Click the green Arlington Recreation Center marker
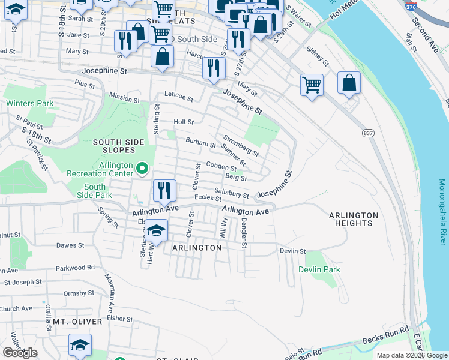pos(142,169)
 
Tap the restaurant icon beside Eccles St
pos(164,190)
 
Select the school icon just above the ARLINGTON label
pos(156,229)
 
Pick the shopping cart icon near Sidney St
pos(312,85)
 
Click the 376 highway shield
pos(411,7)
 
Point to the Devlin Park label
pos(319,269)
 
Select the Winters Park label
pos(30,103)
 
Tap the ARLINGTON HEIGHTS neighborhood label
pos(354,219)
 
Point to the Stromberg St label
pos(241,145)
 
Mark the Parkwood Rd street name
pos(75,267)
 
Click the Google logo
pos(20,353)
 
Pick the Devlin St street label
pos(292,251)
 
